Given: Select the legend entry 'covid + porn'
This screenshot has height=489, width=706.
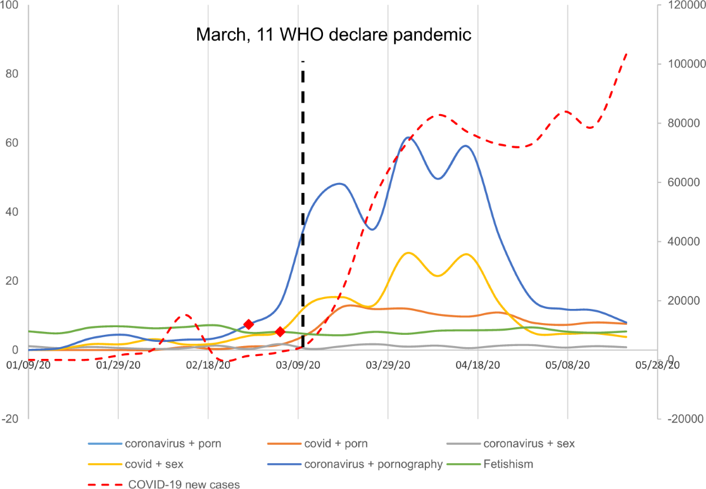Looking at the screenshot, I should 338,443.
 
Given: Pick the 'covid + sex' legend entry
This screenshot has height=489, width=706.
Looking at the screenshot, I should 154,464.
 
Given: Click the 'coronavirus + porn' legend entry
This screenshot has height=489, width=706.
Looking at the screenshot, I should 173,443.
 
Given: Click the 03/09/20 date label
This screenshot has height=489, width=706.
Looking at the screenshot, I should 298,365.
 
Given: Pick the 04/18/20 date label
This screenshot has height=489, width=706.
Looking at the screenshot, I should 478,365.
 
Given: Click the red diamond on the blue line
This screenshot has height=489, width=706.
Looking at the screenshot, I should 248,324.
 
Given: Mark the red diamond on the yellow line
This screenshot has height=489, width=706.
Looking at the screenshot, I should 280,332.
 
